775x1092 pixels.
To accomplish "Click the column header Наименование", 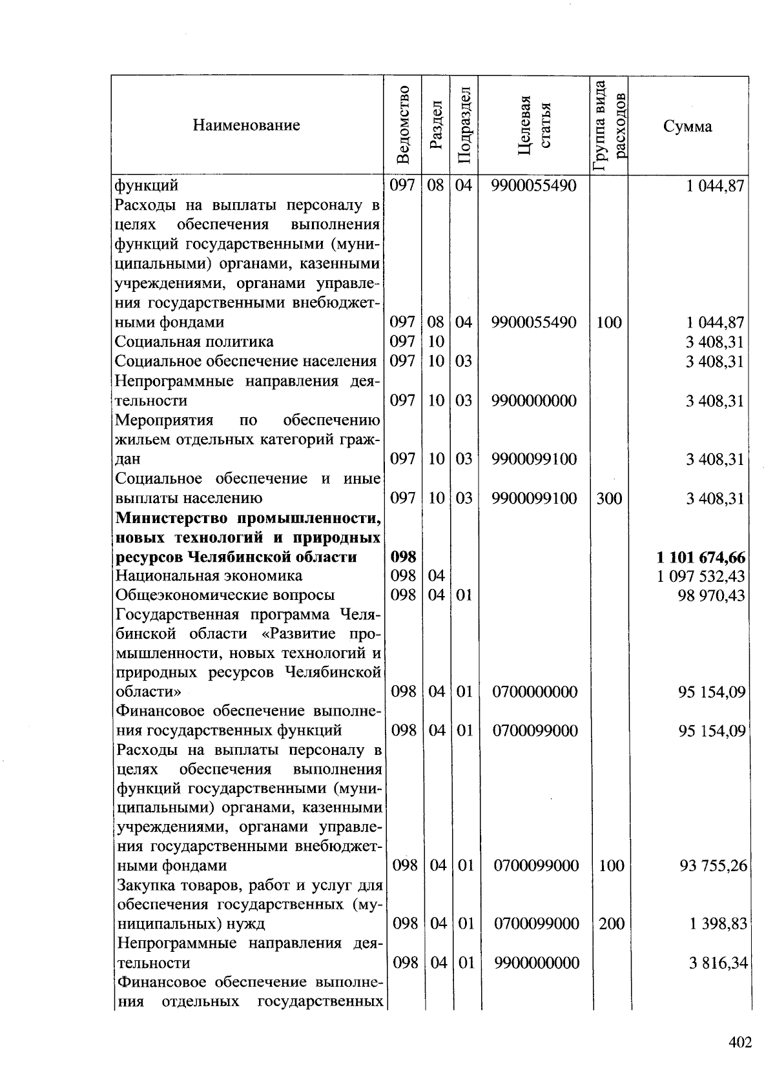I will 246,125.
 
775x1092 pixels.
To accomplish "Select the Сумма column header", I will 687,126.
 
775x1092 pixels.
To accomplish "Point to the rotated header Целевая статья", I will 535,125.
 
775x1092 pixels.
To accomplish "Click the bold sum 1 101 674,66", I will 701,557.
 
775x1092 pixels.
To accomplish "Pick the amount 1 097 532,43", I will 701,575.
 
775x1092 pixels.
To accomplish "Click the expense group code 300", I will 608,498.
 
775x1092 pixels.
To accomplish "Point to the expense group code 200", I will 611,923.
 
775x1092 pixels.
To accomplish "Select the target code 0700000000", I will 535,692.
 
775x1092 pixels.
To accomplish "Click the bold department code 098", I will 403,557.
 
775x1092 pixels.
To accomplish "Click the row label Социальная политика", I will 194,342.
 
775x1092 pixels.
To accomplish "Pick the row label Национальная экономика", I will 209,575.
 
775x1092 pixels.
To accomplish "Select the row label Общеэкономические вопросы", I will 225,595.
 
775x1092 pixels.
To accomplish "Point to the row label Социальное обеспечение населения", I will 246,361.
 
